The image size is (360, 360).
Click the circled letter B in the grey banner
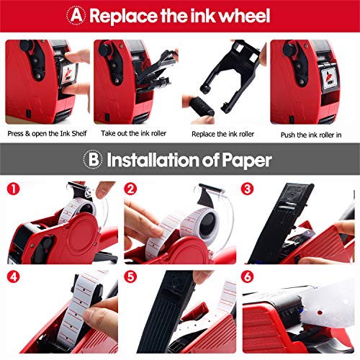click(x=96, y=159)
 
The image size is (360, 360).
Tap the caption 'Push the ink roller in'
click(x=311, y=134)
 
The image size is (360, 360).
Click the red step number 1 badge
click(x=12, y=189)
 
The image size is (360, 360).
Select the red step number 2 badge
click(x=130, y=189)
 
